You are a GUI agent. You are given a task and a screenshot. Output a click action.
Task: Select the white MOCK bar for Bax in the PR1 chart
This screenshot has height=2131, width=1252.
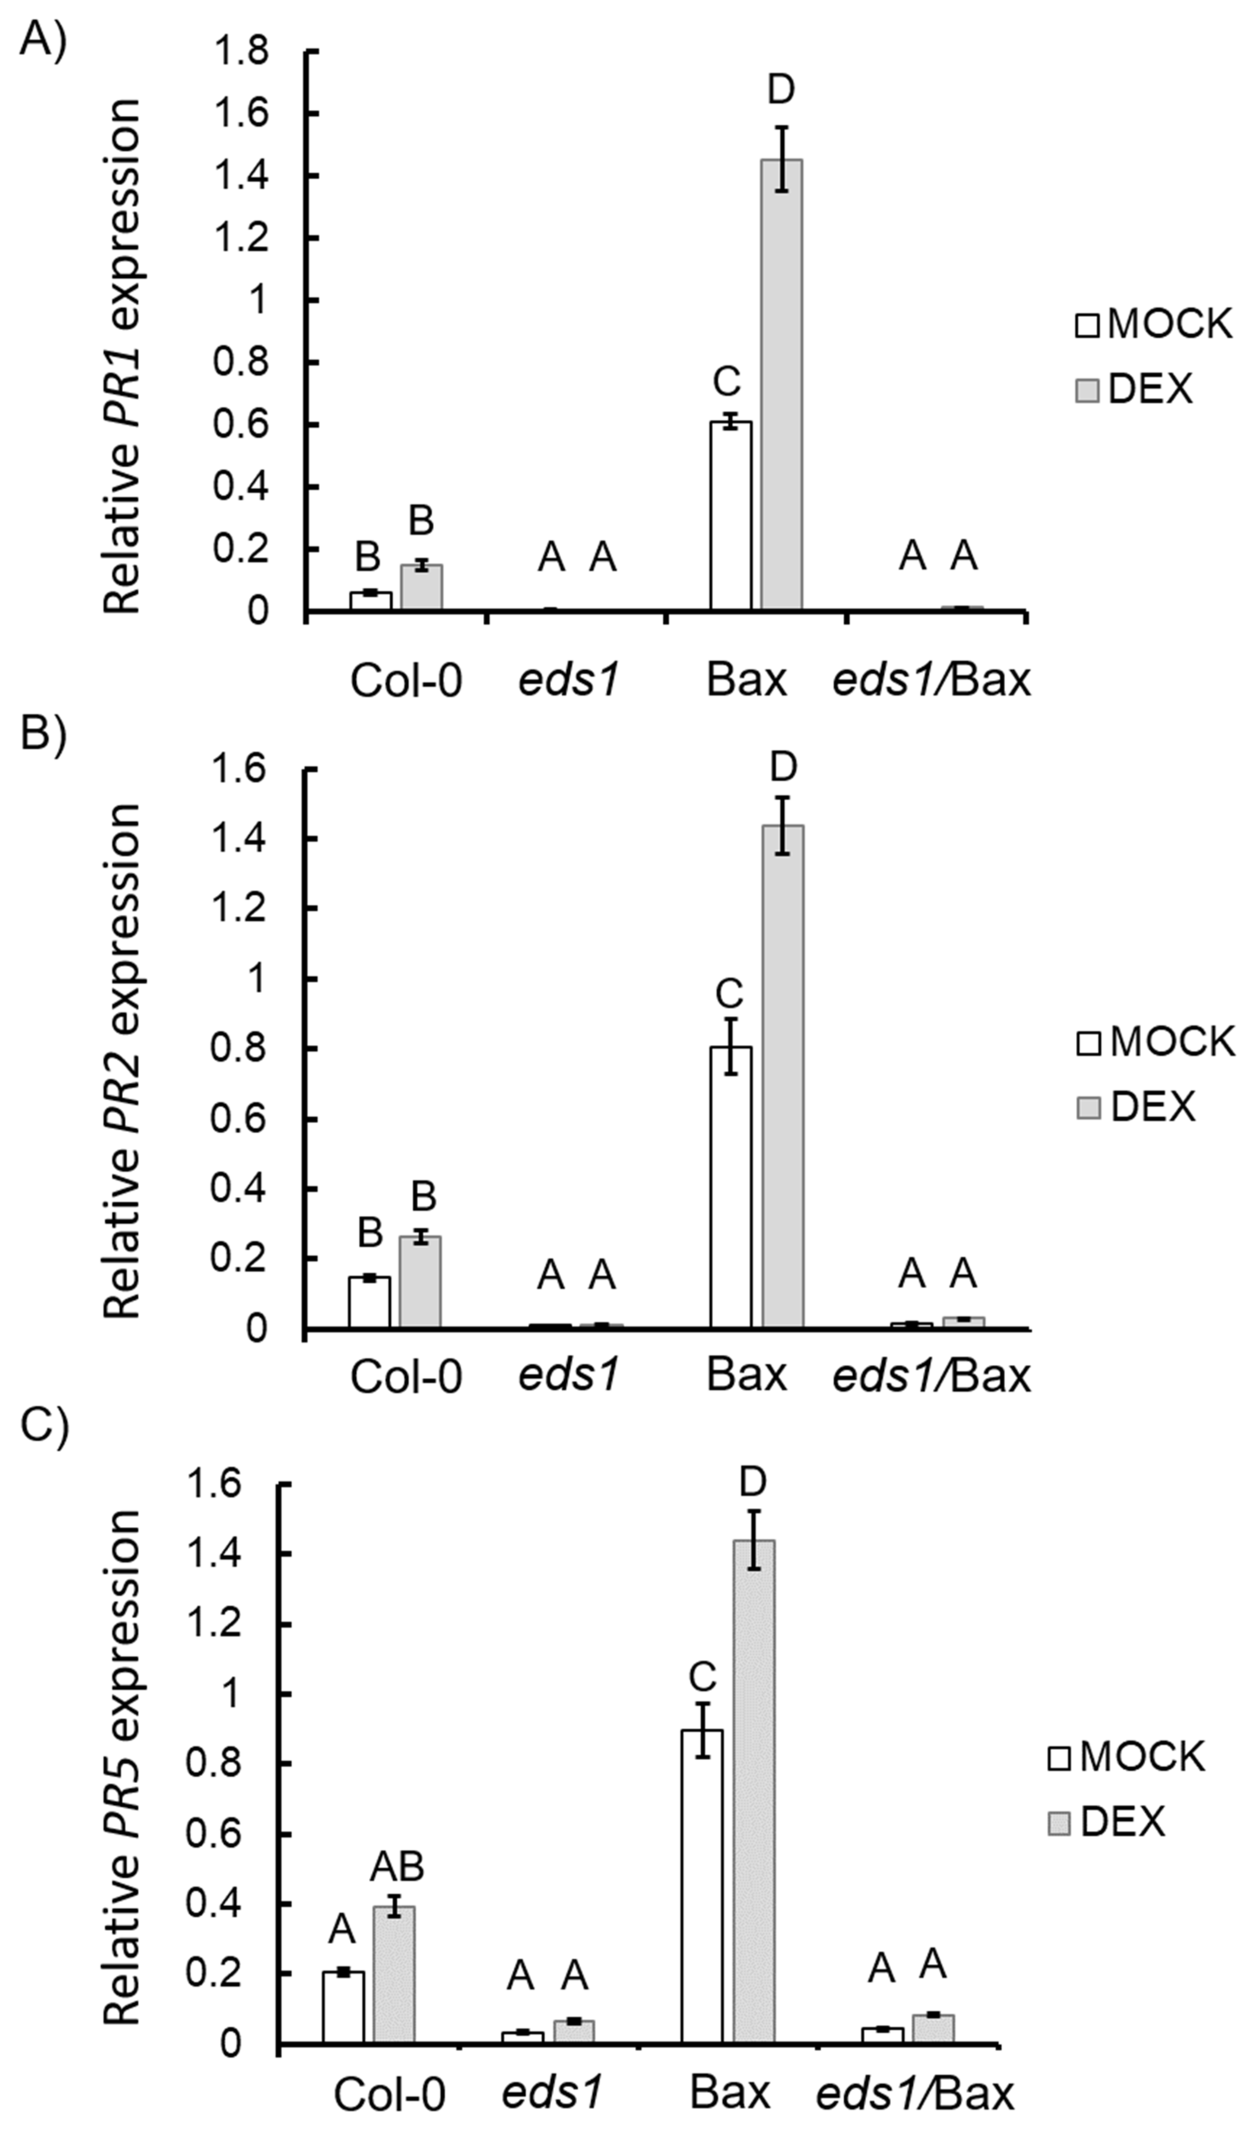(730, 516)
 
